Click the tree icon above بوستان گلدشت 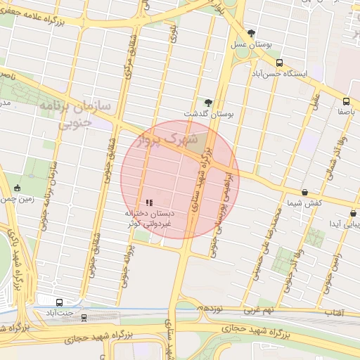click(x=207, y=103)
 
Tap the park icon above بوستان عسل click(x=251, y=33)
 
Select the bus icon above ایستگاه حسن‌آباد click(x=279, y=63)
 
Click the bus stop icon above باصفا click(x=346, y=101)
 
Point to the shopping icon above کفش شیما click(x=304, y=192)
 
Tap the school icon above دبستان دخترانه click(x=149, y=202)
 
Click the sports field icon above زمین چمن click(x=17, y=188)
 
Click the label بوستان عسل click(x=251, y=44)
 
